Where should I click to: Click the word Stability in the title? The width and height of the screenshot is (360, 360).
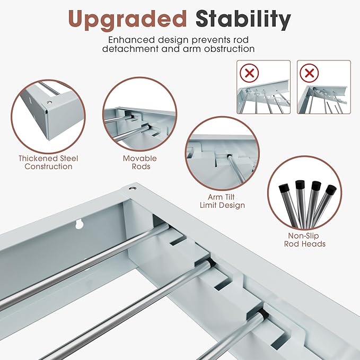(243, 20)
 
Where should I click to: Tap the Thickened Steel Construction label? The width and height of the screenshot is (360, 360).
(46, 162)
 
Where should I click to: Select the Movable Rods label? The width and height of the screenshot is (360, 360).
(140, 162)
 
